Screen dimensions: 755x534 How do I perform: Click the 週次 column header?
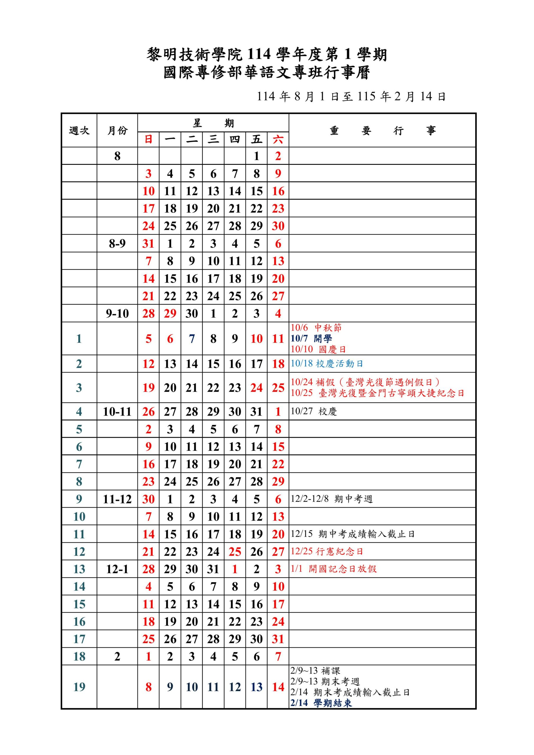[79, 131]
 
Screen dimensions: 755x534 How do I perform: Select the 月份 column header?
[117, 131]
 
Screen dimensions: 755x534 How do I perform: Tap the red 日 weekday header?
[148, 139]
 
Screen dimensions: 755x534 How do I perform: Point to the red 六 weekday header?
[278, 139]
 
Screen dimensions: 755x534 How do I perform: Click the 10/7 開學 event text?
[311, 338]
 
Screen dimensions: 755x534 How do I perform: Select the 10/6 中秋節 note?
[316, 328]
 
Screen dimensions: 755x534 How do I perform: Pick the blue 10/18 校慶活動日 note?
[327, 364]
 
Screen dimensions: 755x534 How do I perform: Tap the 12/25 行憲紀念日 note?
[326, 552]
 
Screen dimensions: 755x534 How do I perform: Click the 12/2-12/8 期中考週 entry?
[331, 499]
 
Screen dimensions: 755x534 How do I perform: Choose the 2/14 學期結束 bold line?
[321, 703]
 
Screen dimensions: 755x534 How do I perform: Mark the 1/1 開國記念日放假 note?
[333, 569]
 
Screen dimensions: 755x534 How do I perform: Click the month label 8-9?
[117, 244]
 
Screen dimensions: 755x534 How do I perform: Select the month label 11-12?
[117, 499]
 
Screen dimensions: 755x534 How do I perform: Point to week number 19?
[79, 687]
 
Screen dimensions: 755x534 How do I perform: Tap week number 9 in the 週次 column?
[79, 499]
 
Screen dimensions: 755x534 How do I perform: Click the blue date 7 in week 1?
[192, 339]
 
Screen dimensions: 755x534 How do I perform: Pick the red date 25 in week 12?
[235, 552]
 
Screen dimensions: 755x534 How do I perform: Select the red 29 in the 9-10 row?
[170, 314]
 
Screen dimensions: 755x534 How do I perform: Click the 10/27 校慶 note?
[314, 411]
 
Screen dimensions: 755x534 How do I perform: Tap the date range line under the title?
[351, 96]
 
